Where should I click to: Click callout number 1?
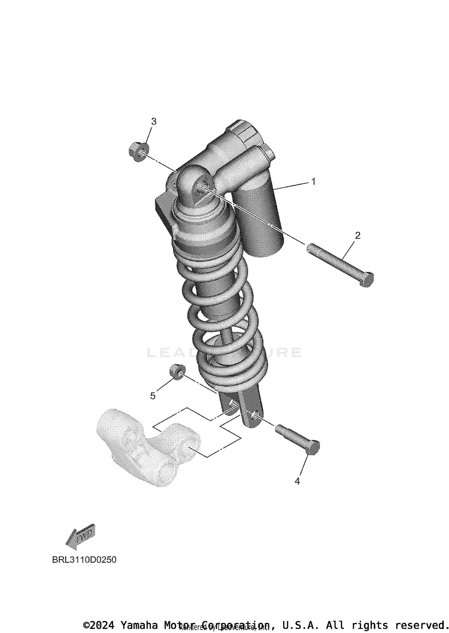point(313,181)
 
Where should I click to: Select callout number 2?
point(357,236)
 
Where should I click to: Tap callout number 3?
point(154,122)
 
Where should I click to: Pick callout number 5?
point(153,396)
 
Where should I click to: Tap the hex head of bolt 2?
point(367,280)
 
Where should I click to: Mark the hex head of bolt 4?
point(313,448)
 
